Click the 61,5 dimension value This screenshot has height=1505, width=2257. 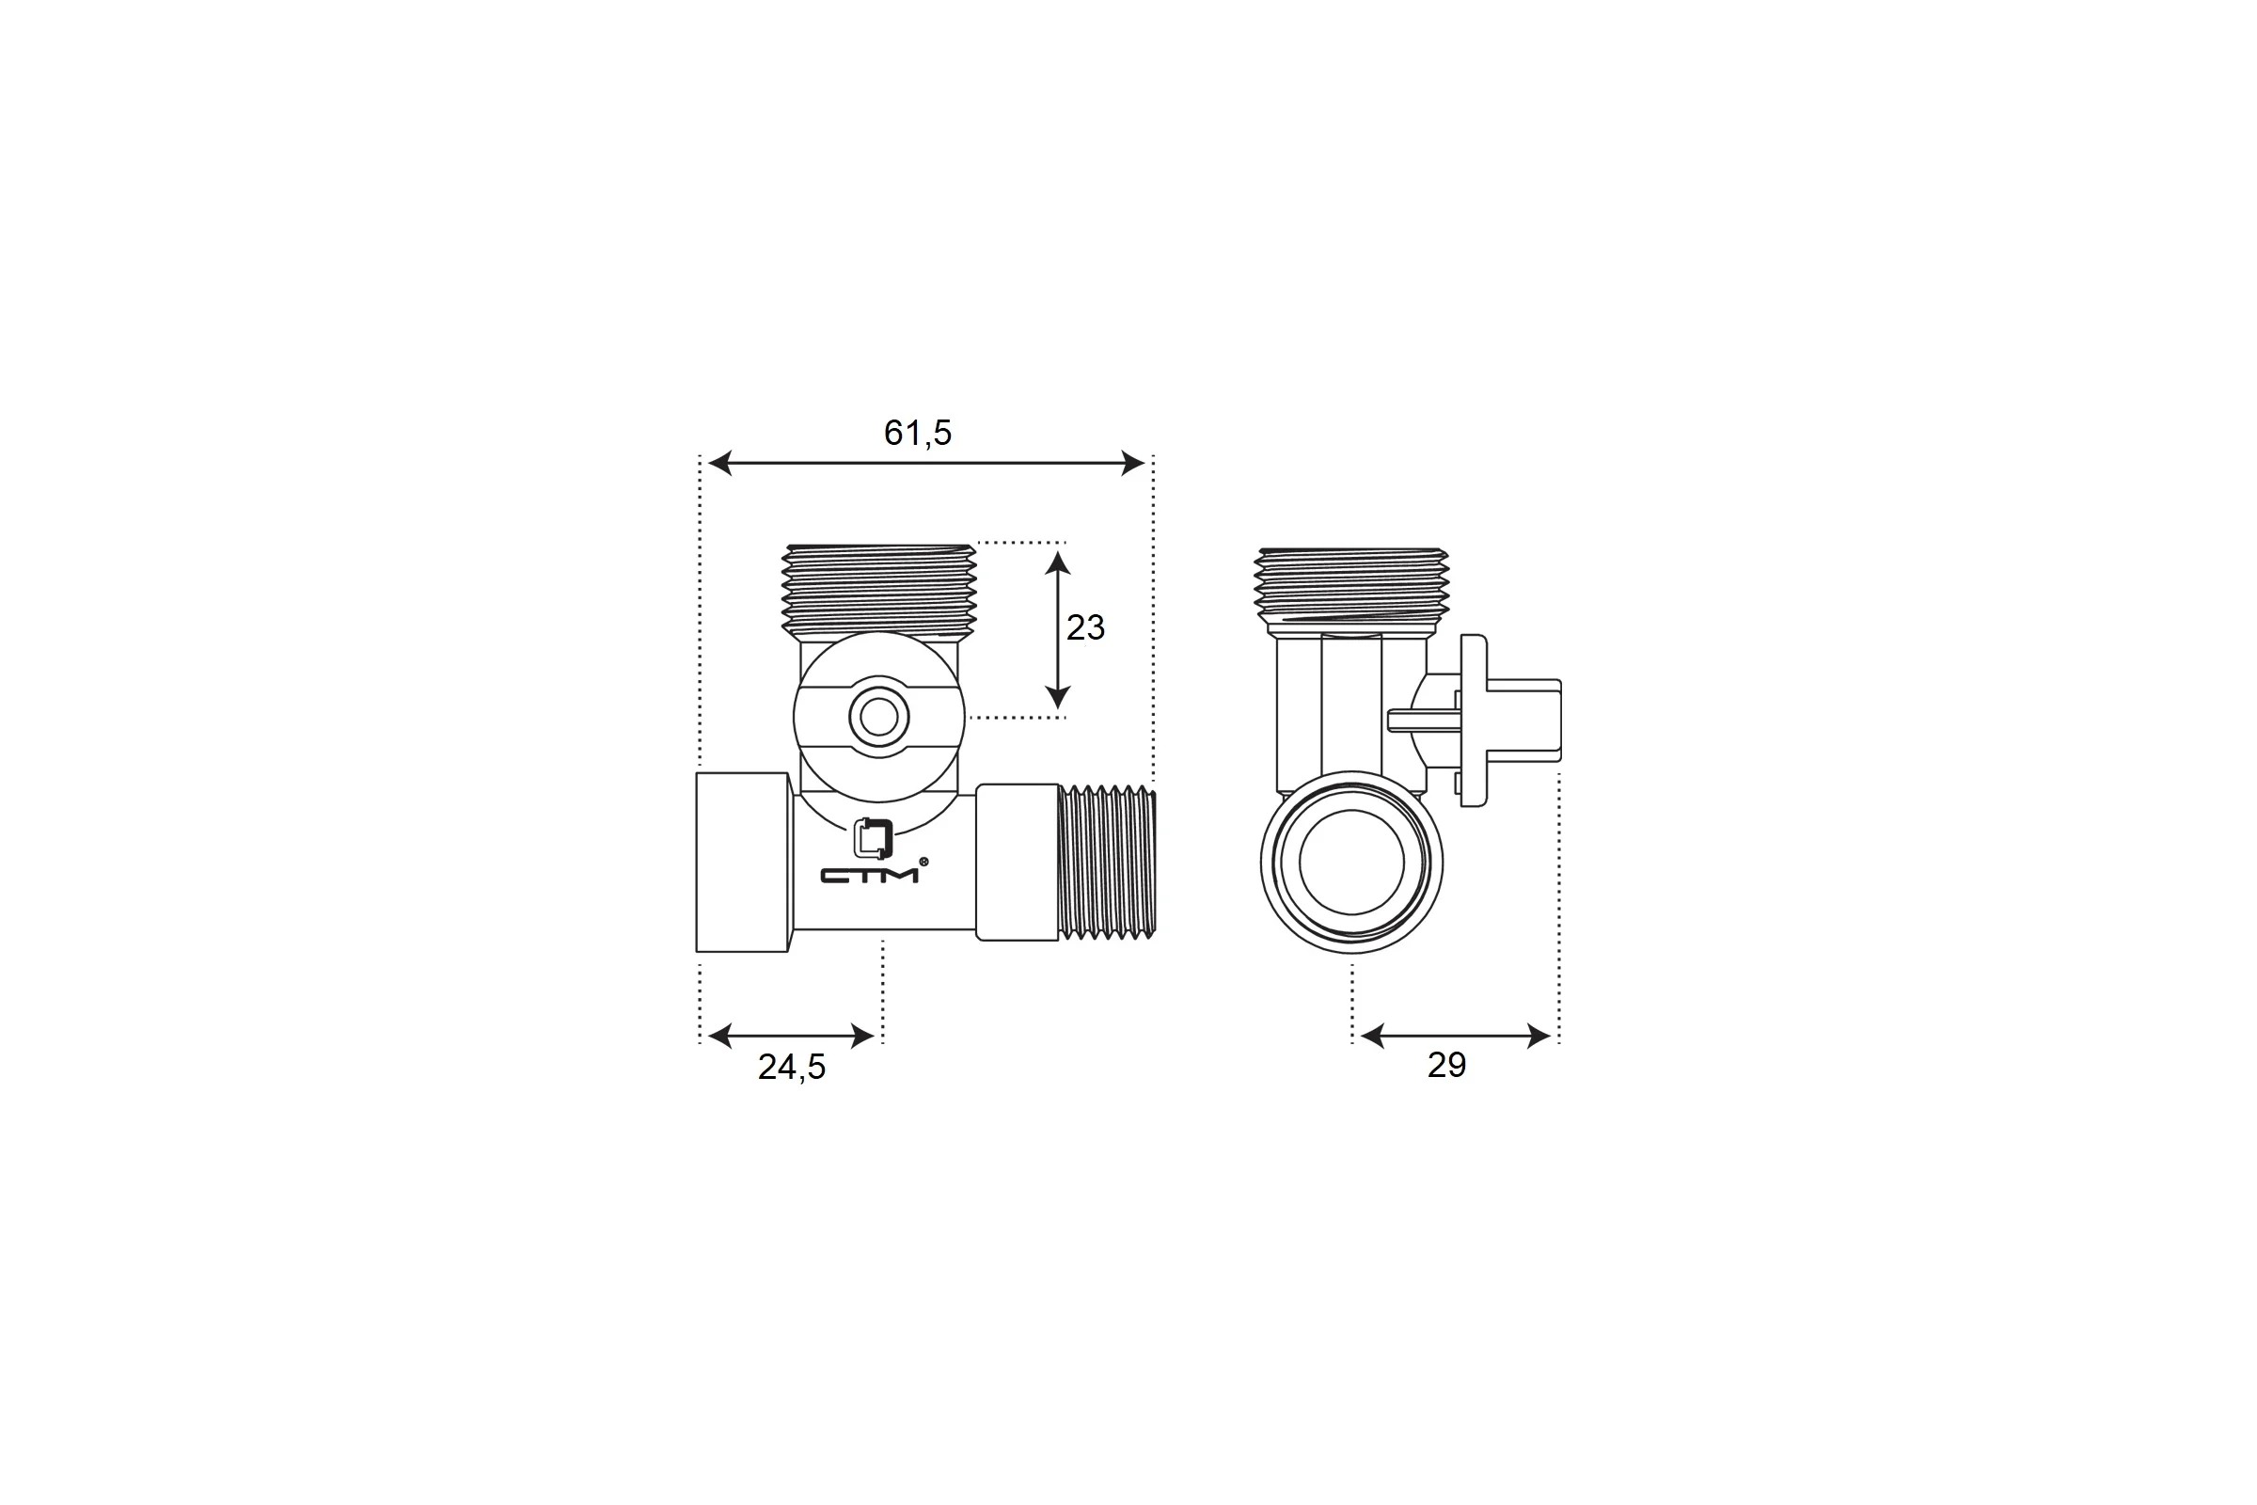point(918,434)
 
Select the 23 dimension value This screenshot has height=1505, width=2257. point(1085,627)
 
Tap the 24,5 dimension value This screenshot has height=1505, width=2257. point(792,1068)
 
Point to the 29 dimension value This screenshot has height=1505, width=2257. point(1446,1066)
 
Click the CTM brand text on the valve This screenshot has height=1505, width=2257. point(869,876)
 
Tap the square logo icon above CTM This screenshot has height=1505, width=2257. point(874,838)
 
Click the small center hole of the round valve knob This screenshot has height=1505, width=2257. point(878,716)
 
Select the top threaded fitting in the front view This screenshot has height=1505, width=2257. point(879,591)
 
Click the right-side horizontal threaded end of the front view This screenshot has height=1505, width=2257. point(1108,860)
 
